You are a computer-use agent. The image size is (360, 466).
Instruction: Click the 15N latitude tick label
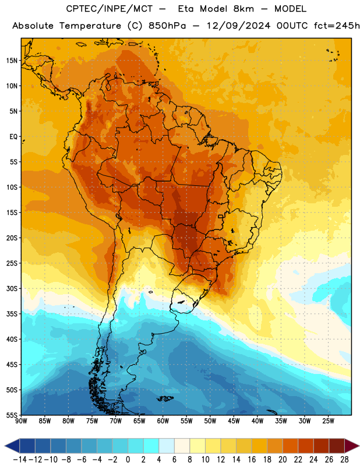[12, 61]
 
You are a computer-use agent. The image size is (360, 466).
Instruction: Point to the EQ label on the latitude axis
[13, 137]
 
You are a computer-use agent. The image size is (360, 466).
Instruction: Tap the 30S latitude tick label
[12, 288]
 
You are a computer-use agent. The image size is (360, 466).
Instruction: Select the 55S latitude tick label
[12, 415]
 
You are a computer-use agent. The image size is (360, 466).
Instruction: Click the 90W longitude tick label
[21, 421]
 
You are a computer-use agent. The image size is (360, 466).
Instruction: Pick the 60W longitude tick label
[163, 421]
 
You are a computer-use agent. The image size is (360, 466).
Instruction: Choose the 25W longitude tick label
[328, 421]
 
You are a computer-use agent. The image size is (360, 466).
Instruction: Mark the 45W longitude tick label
[234, 421]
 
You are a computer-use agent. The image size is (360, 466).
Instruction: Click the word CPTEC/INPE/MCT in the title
[110, 9]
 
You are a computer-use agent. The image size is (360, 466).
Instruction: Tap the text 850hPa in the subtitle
[167, 26]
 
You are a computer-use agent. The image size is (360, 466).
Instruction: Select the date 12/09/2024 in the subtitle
[238, 26]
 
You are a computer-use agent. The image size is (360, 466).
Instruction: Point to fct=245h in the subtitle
[337, 26]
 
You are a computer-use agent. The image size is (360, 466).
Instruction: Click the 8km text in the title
[243, 9]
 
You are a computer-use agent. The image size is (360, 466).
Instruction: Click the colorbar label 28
[344, 460]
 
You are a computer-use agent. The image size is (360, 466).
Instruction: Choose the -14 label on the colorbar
[20, 460]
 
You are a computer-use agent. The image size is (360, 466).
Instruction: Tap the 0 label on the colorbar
[128, 460]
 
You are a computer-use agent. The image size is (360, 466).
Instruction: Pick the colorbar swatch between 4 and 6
[167, 446]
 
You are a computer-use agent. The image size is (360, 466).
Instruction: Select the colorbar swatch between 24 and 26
[321, 446]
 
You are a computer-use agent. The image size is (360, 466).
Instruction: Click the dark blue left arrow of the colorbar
[12, 446]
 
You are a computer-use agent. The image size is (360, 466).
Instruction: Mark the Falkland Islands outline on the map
[165, 398]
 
